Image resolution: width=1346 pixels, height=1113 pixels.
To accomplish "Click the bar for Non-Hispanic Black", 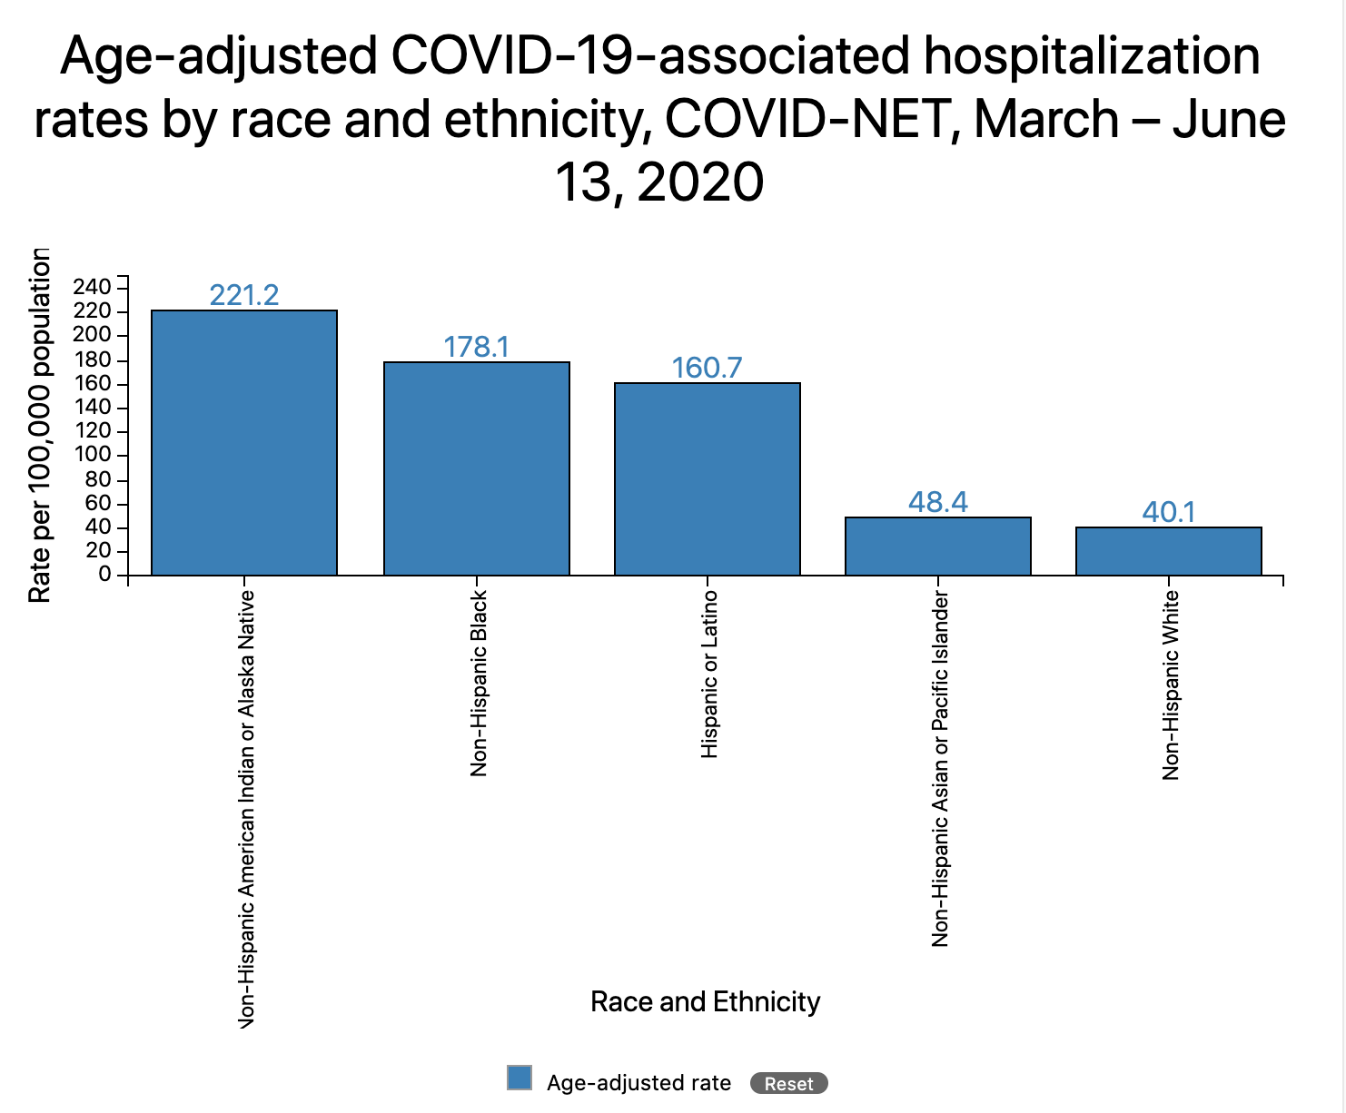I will pyautogui.click(x=477, y=468).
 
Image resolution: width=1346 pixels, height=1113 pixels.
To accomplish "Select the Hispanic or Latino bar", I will pyautogui.click(x=708, y=478).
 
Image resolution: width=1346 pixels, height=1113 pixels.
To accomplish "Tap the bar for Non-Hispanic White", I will pyautogui.click(x=1169, y=551).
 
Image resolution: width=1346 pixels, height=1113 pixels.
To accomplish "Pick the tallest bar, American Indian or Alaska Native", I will pyautogui.click(x=244, y=442).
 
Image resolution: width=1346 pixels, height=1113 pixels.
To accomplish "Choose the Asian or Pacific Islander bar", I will pyautogui.click(x=938, y=546).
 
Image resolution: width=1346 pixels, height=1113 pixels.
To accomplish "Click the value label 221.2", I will pyautogui.click(x=244, y=295).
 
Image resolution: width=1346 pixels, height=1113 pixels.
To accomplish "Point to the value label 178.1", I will pyautogui.click(x=477, y=347).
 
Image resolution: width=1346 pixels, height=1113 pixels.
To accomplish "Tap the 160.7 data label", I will pyautogui.click(x=708, y=368).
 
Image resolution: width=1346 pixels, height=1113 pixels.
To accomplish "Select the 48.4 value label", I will pyautogui.click(x=938, y=502).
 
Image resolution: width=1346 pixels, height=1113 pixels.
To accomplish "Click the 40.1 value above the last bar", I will pyautogui.click(x=1169, y=512).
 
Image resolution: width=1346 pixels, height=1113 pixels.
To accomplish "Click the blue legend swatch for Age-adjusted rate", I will pyautogui.click(x=520, y=1078).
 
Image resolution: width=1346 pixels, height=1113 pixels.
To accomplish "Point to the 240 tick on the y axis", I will pyautogui.click(x=93, y=287).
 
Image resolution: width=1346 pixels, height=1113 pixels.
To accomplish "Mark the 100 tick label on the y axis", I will pyautogui.click(x=93, y=455).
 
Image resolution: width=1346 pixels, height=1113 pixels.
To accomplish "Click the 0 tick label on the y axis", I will pyautogui.click(x=105, y=575).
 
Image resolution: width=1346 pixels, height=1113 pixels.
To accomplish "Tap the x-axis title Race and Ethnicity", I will pyautogui.click(x=705, y=1001).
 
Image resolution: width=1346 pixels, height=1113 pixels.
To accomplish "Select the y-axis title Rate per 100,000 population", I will pyautogui.click(x=39, y=425).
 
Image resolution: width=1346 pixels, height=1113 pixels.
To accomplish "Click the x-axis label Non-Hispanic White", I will pyautogui.click(x=1171, y=685).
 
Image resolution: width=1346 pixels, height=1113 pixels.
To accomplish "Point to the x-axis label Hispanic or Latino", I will pyautogui.click(x=709, y=674).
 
